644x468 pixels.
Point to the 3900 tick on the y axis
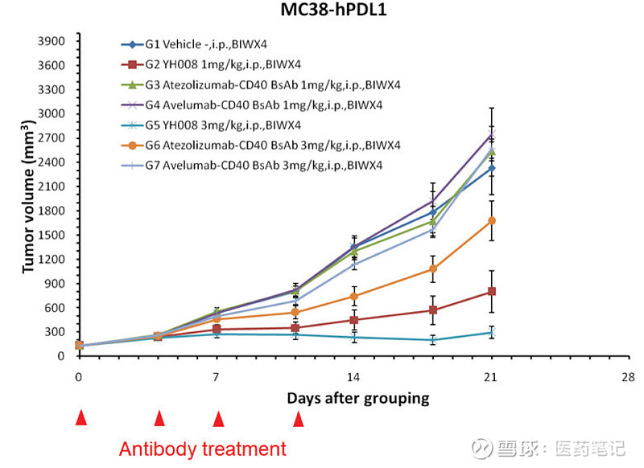pyautogui.click(x=51, y=41)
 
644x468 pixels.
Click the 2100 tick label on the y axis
pyautogui.click(x=51, y=187)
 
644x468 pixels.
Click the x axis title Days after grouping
pyautogui.click(x=357, y=398)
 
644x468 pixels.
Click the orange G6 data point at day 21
pyautogui.click(x=492, y=220)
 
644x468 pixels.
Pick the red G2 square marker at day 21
pyautogui.click(x=492, y=291)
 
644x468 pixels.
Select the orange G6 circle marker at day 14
pyautogui.click(x=354, y=296)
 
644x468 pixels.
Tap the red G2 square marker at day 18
pyautogui.click(x=433, y=310)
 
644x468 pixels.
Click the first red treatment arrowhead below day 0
pyautogui.click(x=80, y=417)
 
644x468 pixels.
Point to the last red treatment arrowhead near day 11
pyautogui.click(x=299, y=418)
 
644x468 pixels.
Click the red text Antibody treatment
pyautogui.click(x=202, y=449)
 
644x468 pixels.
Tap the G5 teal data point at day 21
pyautogui.click(x=492, y=332)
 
